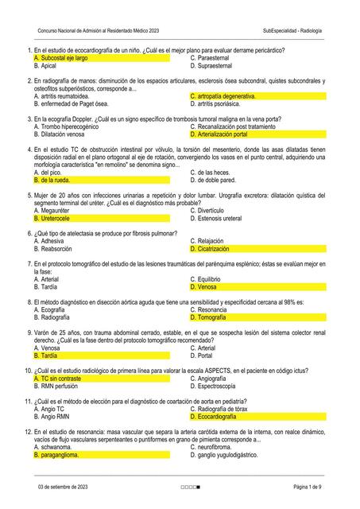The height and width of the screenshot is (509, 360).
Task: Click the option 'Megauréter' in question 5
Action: click(x=55, y=210)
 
